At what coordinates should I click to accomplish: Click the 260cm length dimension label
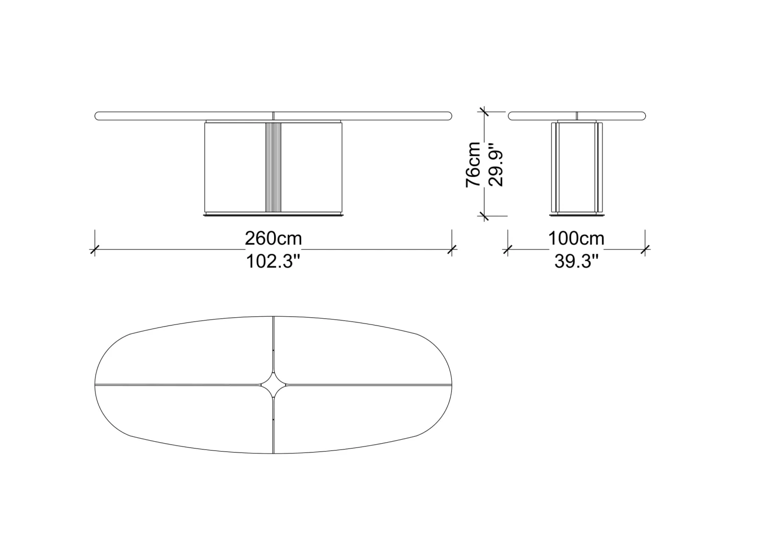[273, 239]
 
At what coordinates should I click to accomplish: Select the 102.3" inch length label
[273, 261]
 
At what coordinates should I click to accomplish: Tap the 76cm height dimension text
[473, 165]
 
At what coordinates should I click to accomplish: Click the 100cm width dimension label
[576, 239]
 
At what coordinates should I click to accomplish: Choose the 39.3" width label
[576, 261]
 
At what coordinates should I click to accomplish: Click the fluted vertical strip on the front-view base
[273, 167]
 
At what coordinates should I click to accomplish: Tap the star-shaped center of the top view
[274, 385]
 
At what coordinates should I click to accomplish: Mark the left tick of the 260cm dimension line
[95, 249]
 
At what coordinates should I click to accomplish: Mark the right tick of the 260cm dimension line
[452, 249]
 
